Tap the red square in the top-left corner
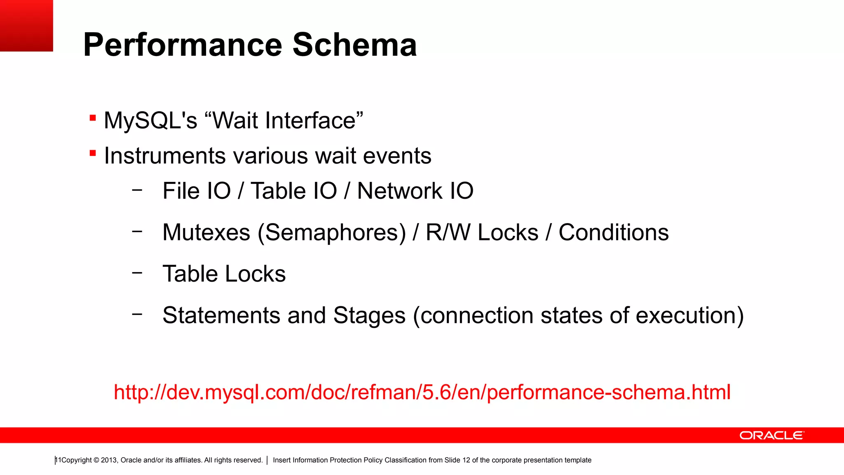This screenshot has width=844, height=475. click(x=26, y=25)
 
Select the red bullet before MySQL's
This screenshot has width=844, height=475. click(x=93, y=119)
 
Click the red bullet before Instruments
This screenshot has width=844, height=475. click(x=93, y=154)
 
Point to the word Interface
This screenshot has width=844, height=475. click(x=310, y=120)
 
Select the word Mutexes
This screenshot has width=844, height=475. click(x=206, y=233)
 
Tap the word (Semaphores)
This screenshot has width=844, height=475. click(x=332, y=233)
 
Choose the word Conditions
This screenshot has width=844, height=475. click(x=613, y=233)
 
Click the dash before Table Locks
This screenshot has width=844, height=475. click(x=137, y=273)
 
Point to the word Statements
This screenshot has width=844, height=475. click(x=221, y=315)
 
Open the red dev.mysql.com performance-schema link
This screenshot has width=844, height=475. click(x=422, y=392)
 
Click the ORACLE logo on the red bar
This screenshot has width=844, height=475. click(x=771, y=435)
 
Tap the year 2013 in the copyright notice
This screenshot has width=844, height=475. click(x=109, y=460)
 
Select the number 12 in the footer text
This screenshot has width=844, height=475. click(x=466, y=460)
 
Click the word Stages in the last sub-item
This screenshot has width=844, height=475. click(x=369, y=315)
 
